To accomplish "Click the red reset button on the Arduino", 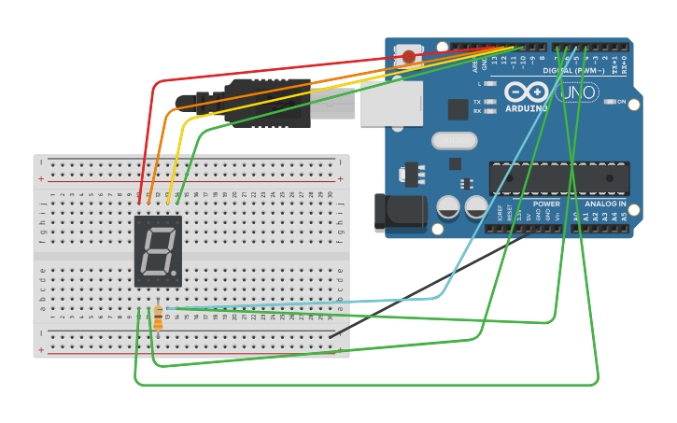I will coord(409,57).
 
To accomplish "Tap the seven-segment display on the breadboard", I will coord(158,250).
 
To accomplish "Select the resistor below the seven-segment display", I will coord(158,317).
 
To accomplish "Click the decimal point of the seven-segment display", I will coord(174,273).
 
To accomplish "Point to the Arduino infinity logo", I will coord(527,92).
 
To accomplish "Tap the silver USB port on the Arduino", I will coord(385,102).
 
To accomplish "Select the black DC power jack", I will coord(392,213).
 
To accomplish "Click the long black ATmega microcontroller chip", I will coord(558,178).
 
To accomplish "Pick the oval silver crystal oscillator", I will coord(455,140).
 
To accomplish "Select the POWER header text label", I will coord(546,204).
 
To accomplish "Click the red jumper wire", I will coord(280,69).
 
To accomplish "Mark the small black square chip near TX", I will coord(458,109).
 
